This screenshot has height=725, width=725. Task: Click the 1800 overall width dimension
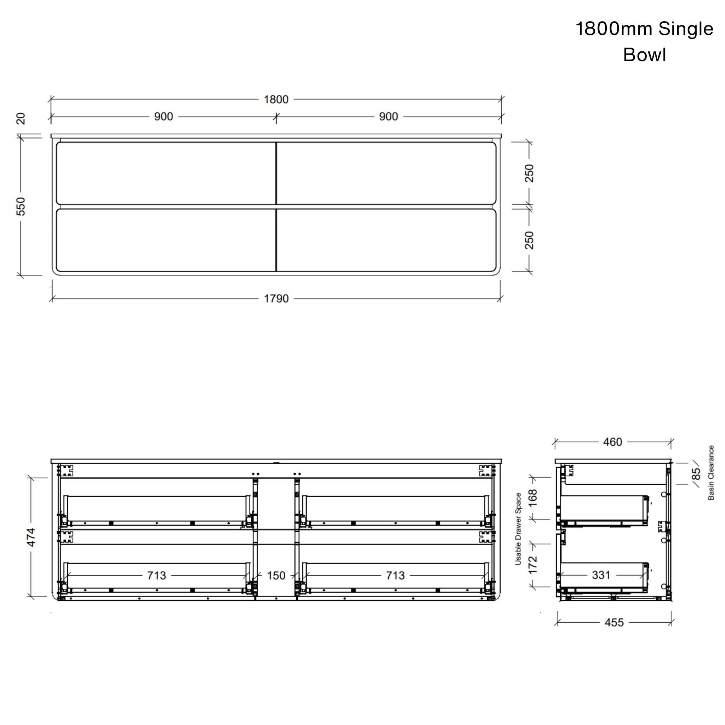point(276,99)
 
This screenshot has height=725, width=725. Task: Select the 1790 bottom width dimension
point(276,299)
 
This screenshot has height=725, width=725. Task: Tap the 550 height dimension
point(21,206)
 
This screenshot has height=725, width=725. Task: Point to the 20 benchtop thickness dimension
point(21,119)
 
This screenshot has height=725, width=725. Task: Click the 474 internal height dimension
point(31,537)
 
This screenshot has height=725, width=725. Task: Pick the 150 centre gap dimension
point(276,575)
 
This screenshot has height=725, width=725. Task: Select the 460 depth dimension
point(612,442)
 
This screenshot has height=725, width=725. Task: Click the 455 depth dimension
point(614,623)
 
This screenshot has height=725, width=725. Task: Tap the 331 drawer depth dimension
point(601,575)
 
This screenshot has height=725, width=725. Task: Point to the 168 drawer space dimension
point(532,498)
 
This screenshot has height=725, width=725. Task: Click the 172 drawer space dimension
point(532,565)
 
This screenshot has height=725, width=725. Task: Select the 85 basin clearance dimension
point(696,474)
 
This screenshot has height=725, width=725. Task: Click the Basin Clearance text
point(711,473)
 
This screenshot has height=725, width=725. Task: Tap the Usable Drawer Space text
point(518,529)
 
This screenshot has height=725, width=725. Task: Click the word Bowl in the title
point(644,55)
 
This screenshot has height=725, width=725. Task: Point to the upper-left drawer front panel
point(166,173)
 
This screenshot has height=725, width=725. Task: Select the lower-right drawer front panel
point(386,240)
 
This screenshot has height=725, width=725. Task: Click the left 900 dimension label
point(164,117)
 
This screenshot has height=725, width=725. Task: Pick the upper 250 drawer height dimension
point(529,173)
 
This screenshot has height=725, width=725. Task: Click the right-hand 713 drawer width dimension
point(395,575)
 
